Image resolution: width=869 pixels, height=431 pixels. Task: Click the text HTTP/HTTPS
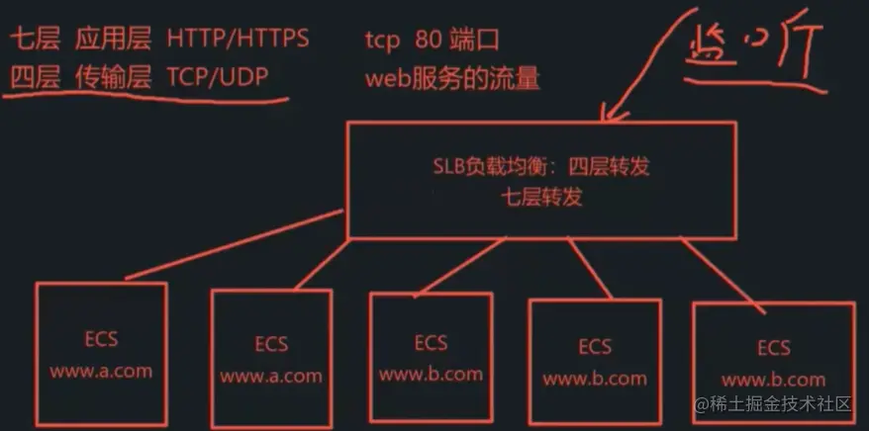(238, 40)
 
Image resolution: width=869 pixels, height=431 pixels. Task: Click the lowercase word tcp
(382, 41)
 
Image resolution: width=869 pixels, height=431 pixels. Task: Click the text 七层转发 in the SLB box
(541, 196)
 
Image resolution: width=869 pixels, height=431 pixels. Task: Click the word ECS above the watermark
(773, 348)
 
